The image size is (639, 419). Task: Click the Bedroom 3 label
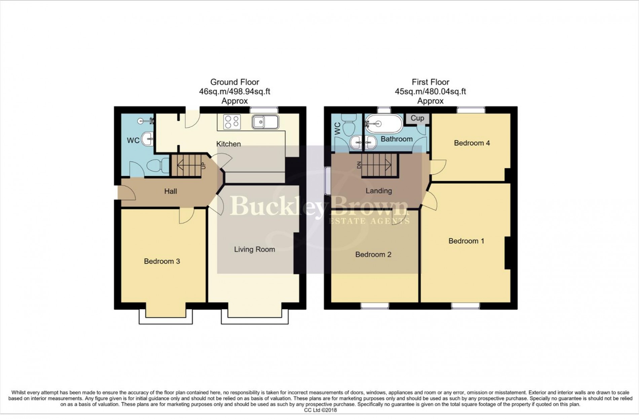(x=162, y=261)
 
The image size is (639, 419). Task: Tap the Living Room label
(x=254, y=250)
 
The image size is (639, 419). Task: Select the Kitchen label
(x=228, y=144)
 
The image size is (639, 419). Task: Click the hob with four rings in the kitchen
(x=232, y=122)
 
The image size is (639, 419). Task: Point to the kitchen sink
(x=265, y=122)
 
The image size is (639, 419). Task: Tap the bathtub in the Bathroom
(x=384, y=124)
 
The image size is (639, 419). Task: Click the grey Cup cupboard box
(x=417, y=118)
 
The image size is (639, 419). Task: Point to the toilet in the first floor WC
(x=348, y=122)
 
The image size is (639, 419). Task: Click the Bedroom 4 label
(x=472, y=143)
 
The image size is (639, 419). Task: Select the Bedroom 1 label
(x=466, y=241)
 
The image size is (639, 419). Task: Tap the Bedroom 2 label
(x=373, y=255)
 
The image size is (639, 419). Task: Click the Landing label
(x=379, y=191)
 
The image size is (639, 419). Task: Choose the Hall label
(x=171, y=192)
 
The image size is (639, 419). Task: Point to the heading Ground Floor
(x=234, y=82)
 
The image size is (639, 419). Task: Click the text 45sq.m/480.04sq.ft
(x=430, y=92)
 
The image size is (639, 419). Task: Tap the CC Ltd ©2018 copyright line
(x=320, y=410)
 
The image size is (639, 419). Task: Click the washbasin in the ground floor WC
(x=147, y=138)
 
